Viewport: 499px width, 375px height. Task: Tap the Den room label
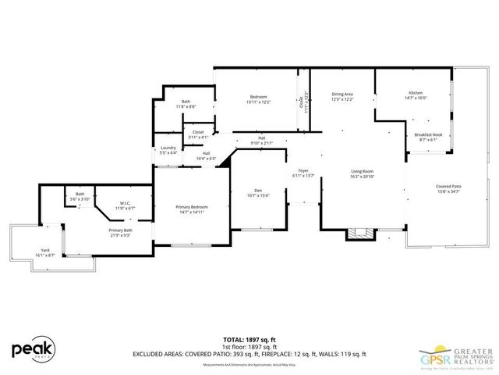coord(257,193)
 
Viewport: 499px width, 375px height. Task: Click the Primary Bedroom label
coord(191,209)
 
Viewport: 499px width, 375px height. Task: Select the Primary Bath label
coord(121,232)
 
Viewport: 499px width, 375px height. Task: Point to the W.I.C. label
coord(125,206)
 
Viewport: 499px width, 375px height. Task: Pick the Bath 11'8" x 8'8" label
coord(186,103)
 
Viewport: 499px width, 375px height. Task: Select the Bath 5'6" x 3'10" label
coord(80,197)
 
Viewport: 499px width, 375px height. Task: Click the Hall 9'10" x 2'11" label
coord(262,141)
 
